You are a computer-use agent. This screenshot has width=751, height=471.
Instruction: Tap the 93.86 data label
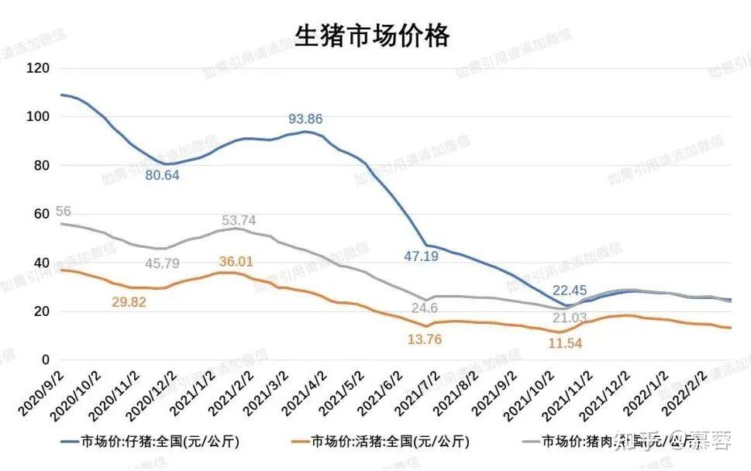point(305,119)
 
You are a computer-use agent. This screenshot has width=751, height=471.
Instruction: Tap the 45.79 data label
point(163,263)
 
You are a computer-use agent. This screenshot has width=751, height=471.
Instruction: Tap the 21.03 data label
point(567,318)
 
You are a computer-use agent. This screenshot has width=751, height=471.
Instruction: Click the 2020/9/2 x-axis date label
point(40,390)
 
